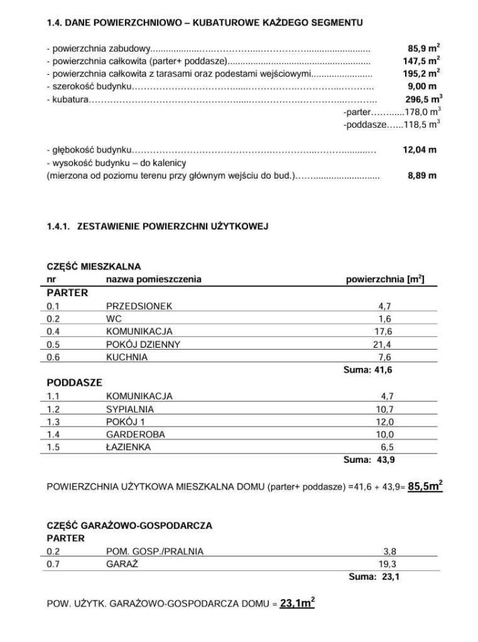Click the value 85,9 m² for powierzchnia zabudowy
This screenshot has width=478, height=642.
(423, 49)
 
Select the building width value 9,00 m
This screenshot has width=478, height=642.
(423, 87)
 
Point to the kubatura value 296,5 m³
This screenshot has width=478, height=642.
(423, 99)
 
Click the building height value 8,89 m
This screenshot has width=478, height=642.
(422, 175)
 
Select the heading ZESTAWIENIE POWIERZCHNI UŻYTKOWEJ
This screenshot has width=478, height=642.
(172, 227)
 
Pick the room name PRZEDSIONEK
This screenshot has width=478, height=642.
(139, 306)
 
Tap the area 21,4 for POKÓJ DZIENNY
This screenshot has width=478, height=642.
(383, 344)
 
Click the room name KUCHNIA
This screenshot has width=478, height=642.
(127, 357)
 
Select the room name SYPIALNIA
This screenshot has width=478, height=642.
(130, 409)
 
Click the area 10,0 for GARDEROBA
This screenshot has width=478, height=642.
(386, 434)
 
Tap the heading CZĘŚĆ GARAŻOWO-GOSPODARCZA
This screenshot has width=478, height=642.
(129, 526)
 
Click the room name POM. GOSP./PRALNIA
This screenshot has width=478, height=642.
(154, 552)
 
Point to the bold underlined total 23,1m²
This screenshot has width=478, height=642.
(297, 603)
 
